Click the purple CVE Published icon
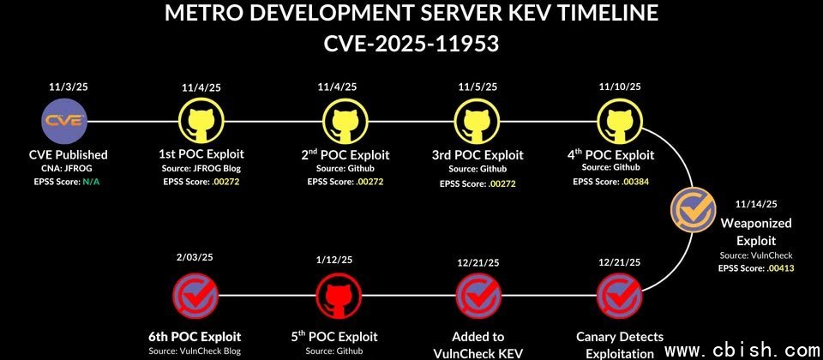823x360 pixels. (64, 121)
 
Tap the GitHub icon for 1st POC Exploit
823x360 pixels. (201, 121)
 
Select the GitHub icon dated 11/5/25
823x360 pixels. (478, 121)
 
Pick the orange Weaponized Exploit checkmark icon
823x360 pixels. (694, 210)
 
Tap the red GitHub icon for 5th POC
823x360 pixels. (340, 296)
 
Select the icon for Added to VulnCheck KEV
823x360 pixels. (478, 296)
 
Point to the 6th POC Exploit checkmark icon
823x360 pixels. (195, 296)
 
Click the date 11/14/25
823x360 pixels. (755, 204)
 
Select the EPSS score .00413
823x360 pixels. (780, 268)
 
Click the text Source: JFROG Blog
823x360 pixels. (201, 169)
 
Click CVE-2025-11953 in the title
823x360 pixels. (411, 43)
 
